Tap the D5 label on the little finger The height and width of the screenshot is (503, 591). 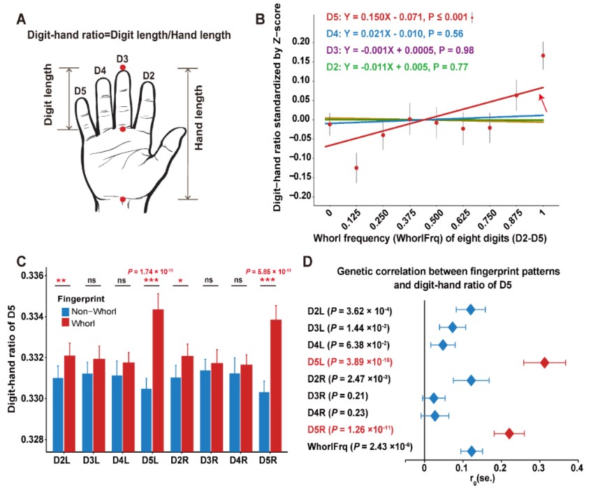click(80, 91)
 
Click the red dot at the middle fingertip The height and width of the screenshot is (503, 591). click(122, 67)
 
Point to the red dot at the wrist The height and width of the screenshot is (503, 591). click(122, 199)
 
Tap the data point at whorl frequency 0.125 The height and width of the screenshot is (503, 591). click(356, 168)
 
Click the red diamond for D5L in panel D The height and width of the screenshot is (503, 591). click(545, 362)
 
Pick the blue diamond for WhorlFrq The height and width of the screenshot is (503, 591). click(471, 451)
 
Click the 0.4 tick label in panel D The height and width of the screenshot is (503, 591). click(576, 467)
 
